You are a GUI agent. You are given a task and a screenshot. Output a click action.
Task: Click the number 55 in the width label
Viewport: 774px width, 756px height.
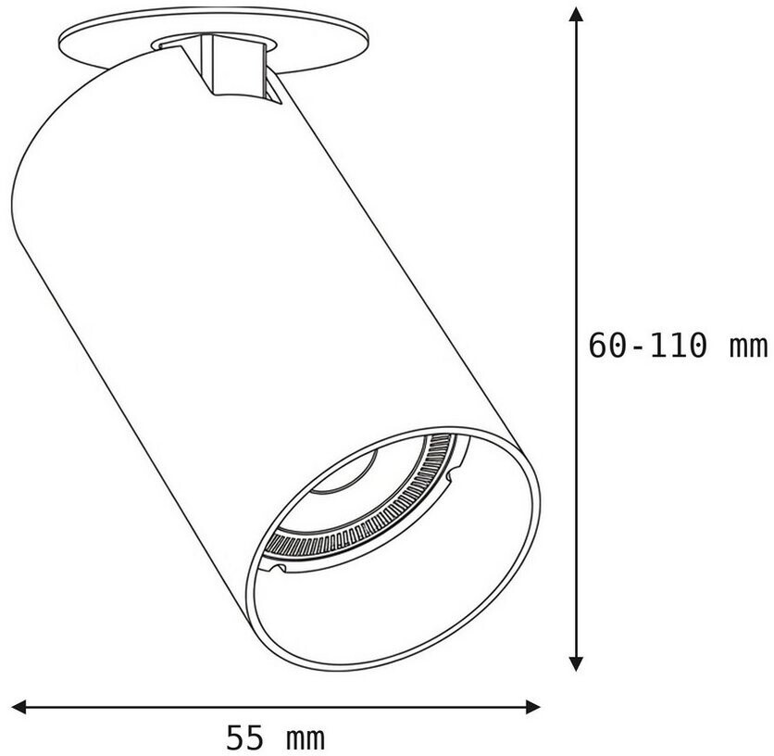pos(244,737)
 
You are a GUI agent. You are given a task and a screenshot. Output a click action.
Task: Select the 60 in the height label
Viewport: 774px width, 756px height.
pos(607,345)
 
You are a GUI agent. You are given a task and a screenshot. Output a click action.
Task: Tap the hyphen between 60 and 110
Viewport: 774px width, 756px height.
pos(637,347)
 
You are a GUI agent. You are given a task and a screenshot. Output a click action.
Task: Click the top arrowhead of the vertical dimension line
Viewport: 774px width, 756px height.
pos(576,14)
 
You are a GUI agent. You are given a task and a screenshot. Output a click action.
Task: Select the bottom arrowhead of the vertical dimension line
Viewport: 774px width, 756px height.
pos(576,663)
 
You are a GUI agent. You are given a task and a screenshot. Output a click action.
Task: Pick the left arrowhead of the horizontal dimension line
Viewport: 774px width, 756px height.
pos(19,707)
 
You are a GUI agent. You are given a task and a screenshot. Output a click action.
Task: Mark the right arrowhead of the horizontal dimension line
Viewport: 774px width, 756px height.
pos(533,707)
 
